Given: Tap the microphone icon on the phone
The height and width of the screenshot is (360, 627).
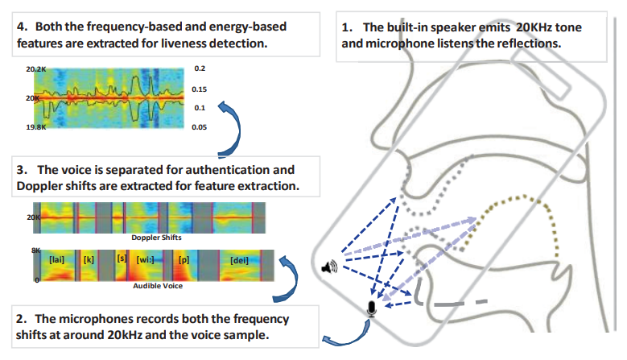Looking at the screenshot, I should (372, 308).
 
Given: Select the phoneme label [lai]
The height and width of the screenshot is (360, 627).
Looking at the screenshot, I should (56, 260).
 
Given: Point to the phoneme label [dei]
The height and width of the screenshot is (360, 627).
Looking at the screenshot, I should (239, 260).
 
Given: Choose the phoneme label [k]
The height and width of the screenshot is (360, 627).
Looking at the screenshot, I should (89, 260).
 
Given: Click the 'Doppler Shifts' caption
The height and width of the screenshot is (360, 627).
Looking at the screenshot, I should (157, 238).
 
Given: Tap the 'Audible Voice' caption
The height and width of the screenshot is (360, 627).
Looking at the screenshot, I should (157, 286).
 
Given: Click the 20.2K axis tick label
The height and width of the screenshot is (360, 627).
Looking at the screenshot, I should (36, 70).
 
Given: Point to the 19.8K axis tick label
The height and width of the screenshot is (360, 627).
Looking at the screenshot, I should (36, 126).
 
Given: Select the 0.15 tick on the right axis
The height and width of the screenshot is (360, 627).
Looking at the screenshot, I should (200, 89).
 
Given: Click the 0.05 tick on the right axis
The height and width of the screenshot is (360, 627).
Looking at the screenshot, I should (200, 126).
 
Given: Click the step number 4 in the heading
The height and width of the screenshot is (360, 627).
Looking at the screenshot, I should (22, 27).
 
